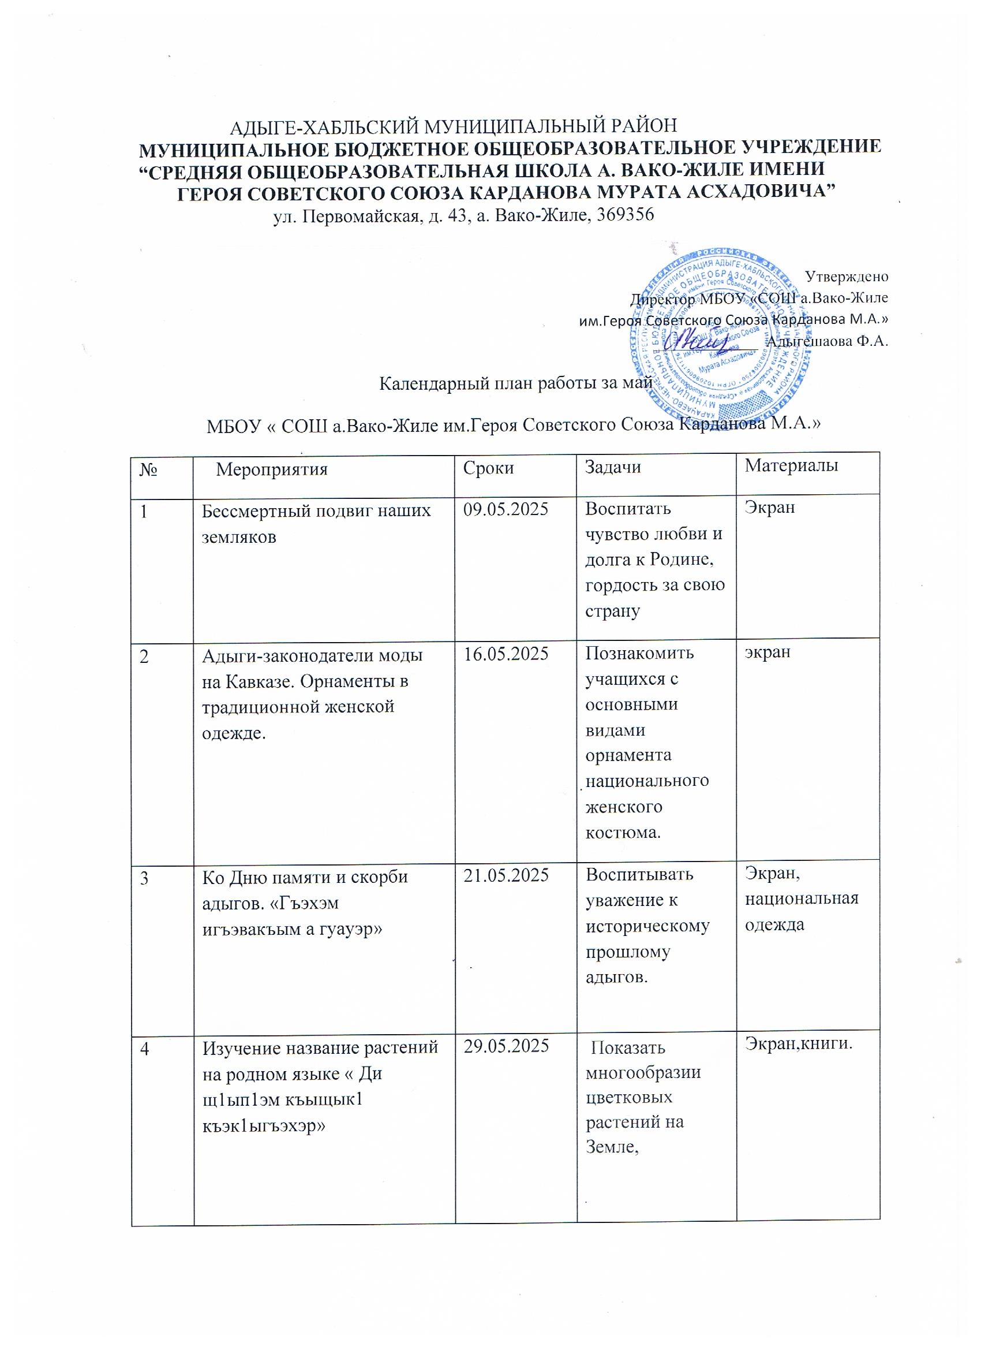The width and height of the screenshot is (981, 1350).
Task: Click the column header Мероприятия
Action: (271, 469)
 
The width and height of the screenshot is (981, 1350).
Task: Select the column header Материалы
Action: (791, 465)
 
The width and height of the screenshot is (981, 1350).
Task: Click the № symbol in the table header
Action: (148, 469)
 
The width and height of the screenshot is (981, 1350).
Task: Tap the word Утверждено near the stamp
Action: (847, 276)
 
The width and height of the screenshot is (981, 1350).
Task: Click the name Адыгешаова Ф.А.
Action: (827, 342)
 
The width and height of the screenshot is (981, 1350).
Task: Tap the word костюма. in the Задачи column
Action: (623, 832)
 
